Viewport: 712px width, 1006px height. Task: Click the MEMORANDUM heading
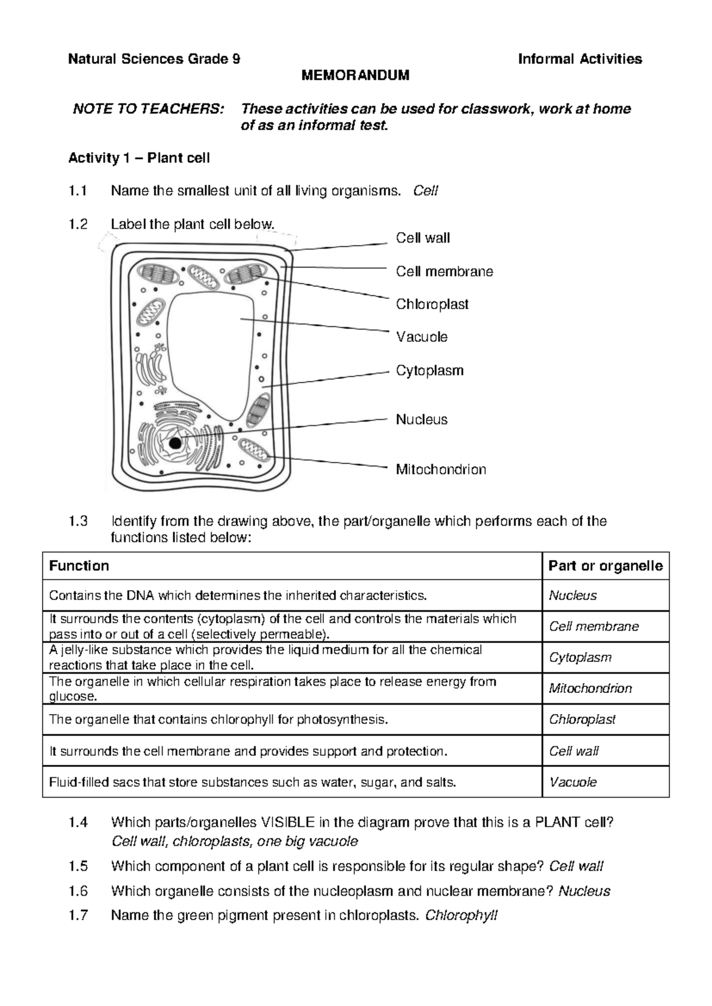pyautogui.click(x=355, y=75)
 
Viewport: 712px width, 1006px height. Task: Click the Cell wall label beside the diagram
pyautogui.click(x=422, y=238)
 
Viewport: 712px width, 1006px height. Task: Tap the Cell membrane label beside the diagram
pyautogui.click(x=444, y=272)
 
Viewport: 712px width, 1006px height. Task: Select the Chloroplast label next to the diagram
pyautogui.click(x=432, y=304)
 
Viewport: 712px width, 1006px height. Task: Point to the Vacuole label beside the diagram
pyautogui.click(x=421, y=337)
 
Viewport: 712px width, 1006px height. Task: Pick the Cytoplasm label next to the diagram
pyautogui.click(x=430, y=371)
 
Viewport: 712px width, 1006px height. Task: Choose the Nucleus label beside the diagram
pyautogui.click(x=421, y=419)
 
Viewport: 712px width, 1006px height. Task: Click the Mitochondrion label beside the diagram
pyautogui.click(x=441, y=469)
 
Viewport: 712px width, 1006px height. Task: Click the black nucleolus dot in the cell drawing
pyautogui.click(x=174, y=443)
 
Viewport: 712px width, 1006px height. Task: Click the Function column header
pyautogui.click(x=79, y=565)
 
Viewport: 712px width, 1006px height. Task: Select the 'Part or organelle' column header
pyautogui.click(x=605, y=565)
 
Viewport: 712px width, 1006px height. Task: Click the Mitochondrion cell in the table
pyautogui.click(x=590, y=688)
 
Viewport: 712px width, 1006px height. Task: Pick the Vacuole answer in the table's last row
pyautogui.click(x=573, y=782)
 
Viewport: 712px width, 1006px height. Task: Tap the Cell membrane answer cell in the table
pyautogui.click(x=593, y=626)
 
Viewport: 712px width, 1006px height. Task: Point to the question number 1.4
pyautogui.click(x=78, y=823)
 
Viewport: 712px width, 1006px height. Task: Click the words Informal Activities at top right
pyautogui.click(x=580, y=59)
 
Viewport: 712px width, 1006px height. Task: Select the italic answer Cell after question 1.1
pyautogui.click(x=425, y=191)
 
